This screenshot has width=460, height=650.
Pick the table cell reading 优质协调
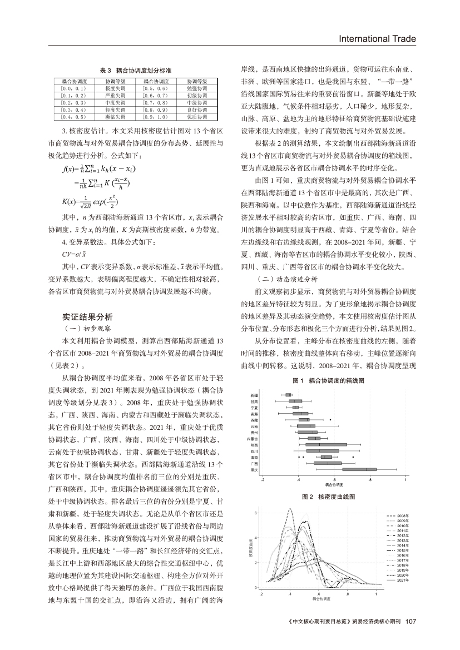196,117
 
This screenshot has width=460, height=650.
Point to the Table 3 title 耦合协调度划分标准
135,71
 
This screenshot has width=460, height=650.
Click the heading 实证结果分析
87,317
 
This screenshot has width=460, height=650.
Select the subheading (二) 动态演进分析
285,279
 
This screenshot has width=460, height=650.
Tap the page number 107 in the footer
411,621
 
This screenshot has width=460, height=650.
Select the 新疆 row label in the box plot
254,395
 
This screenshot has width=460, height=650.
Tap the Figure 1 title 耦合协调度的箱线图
328,381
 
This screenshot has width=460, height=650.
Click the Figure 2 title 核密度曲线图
328,495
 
